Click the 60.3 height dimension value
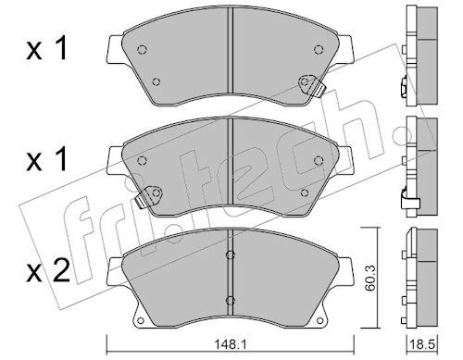[x=369, y=279]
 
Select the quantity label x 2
[x=48, y=272]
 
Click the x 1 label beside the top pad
[x=47, y=49]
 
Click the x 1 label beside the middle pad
[x=47, y=160]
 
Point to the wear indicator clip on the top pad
[x=312, y=84]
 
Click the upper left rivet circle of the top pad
[x=142, y=49]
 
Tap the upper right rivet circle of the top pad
[x=319, y=49]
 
